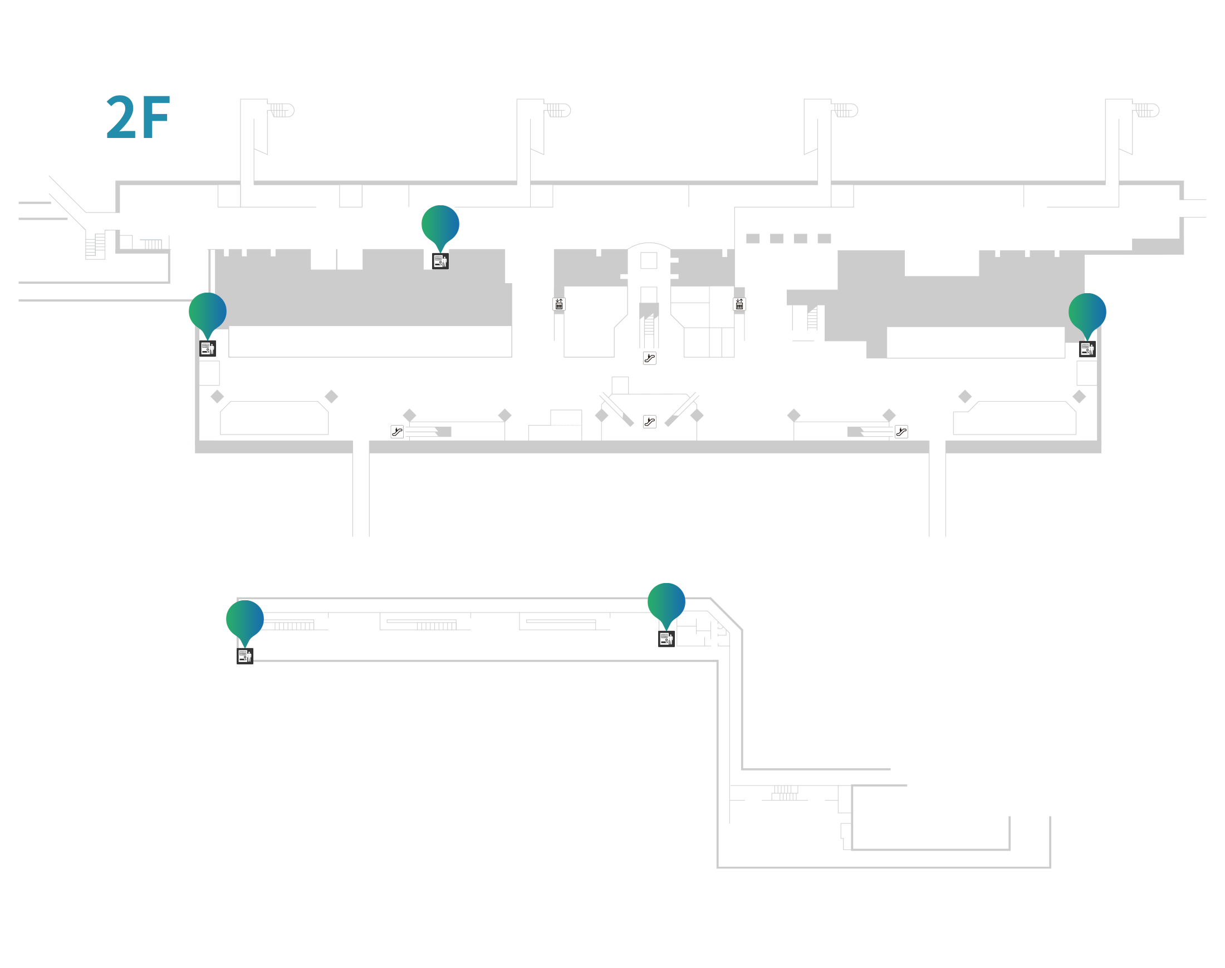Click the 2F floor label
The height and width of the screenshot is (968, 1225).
click(x=138, y=117)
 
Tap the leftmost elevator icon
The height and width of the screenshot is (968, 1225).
click(x=558, y=304)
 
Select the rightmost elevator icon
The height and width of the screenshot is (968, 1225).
click(x=739, y=304)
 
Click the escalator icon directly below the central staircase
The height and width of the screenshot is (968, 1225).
click(x=650, y=358)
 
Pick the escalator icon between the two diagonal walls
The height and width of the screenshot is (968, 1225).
click(x=650, y=422)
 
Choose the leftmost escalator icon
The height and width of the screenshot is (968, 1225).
click(x=397, y=432)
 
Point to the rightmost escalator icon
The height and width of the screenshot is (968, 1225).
click(x=901, y=432)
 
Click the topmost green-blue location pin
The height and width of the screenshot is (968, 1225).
click(x=440, y=224)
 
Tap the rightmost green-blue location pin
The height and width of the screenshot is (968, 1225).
click(x=1087, y=312)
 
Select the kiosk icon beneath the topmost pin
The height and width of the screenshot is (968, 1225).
click(x=440, y=261)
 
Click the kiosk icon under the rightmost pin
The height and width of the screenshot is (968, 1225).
click(x=1087, y=349)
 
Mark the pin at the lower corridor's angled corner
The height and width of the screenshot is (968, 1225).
click(x=667, y=602)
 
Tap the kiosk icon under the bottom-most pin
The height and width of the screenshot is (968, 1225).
click(x=245, y=656)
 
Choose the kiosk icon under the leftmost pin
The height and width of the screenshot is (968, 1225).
click(x=208, y=349)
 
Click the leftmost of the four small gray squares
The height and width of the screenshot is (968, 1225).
click(x=753, y=239)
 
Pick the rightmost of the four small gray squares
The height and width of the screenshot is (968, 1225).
click(x=824, y=239)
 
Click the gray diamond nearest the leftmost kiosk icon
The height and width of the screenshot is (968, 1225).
click(x=217, y=397)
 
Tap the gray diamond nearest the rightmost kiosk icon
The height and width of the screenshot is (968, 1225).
click(x=1079, y=397)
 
